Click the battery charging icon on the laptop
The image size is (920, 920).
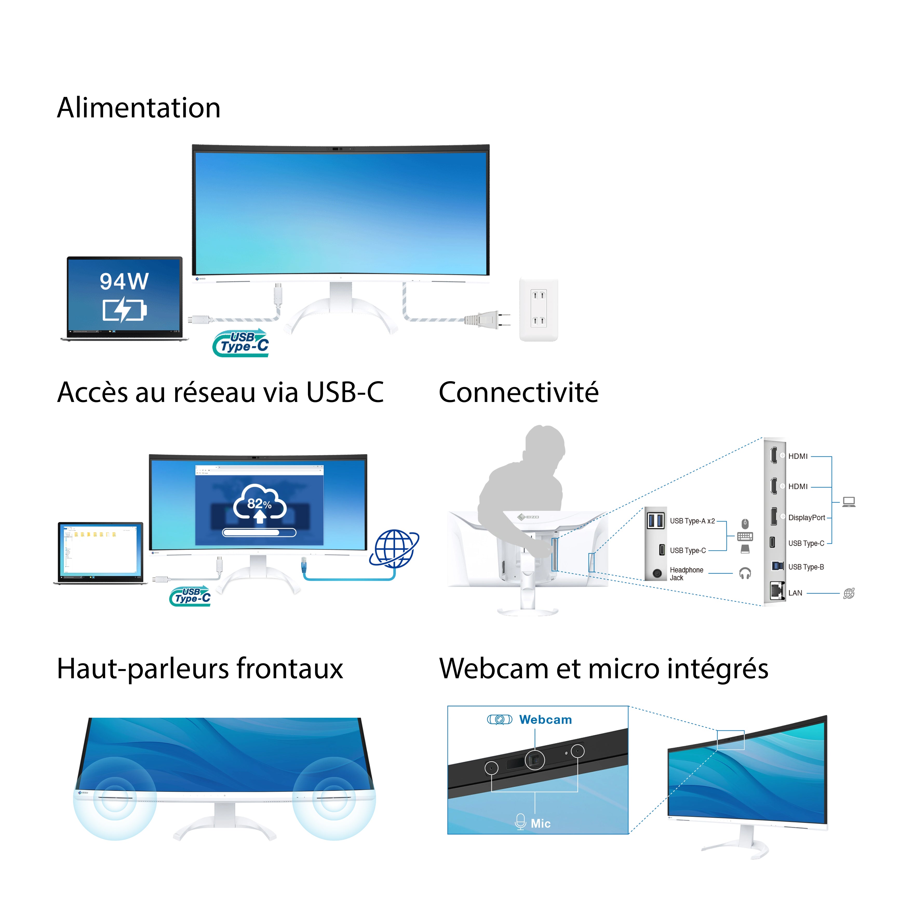pyautogui.click(x=124, y=310)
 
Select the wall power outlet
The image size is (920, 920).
pyautogui.click(x=538, y=310)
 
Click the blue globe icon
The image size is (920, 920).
pyautogui.click(x=394, y=549)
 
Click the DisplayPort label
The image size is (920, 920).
pyautogui.click(x=806, y=518)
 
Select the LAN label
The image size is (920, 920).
pyautogui.click(x=795, y=593)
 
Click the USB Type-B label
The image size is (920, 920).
pyautogui.click(x=806, y=567)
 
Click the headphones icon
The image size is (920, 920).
pyautogui.click(x=745, y=573)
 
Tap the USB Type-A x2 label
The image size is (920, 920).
pyautogui.click(x=692, y=521)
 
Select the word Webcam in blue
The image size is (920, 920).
pyautogui.click(x=545, y=720)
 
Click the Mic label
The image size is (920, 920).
pyautogui.click(x=540, y=823)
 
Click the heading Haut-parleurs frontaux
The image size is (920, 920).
pyautogui.click(x=200, y=669)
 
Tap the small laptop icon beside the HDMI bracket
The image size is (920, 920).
pyautogui.click(x=849, y=501)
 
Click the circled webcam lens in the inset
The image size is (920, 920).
pyautogui.click(x=535, y=760)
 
